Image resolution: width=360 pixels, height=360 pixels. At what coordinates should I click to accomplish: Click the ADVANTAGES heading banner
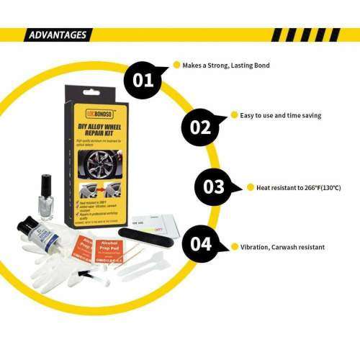[58, 35]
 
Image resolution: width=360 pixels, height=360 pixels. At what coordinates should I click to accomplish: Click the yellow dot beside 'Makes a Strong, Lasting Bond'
[176, 66]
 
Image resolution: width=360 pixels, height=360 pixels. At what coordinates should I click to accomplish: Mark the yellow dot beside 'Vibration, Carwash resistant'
[235, 246]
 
